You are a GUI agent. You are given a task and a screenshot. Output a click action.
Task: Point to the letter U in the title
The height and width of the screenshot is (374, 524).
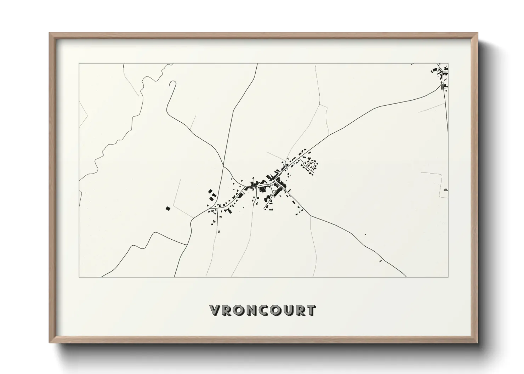point(287,310)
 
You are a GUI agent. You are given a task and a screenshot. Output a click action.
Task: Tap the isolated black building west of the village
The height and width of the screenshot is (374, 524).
point(167,209)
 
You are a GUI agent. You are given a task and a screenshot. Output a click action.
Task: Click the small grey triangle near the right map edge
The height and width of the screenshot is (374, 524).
point(445,190)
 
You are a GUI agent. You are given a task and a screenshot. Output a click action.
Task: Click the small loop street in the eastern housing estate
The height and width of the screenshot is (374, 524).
point(312,165)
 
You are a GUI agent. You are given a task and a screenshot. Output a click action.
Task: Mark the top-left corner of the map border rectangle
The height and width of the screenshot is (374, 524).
point(79,64)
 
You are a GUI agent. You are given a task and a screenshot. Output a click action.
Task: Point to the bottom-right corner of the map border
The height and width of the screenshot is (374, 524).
point(448,277)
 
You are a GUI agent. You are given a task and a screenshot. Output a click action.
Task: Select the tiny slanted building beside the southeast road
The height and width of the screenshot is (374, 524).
point(380,261)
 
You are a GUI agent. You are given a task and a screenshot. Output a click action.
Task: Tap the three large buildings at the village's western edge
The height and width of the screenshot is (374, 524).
point(211,195)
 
